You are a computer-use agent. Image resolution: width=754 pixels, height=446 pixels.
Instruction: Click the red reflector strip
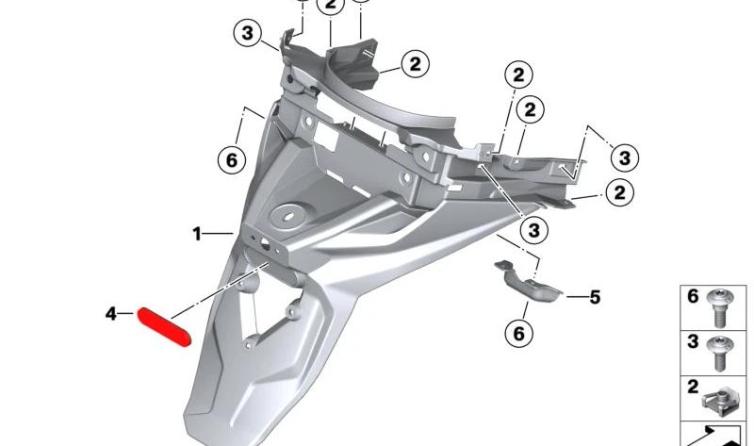[x=164, y=327]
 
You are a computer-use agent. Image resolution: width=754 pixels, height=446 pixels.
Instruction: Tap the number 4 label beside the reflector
[x=111, y=314]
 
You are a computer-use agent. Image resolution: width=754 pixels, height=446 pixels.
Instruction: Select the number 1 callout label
[x=197, y=234]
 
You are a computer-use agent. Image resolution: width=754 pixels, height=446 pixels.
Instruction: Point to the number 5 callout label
[x=595, y=297]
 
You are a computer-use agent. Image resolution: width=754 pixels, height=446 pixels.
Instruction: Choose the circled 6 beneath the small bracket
[x=519, y=333]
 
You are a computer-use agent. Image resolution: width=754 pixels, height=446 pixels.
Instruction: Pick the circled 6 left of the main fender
[x=232, y=159]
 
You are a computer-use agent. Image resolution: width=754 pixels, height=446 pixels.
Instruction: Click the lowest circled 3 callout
[x=534, y=230]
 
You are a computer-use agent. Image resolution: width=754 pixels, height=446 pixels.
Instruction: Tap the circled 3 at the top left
[x=247, y=33]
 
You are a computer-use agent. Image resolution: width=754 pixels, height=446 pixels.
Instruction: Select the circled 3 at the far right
[x=625, y=157]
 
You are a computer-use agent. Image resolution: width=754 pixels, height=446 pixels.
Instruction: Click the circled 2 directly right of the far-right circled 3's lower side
[x=620, y=192]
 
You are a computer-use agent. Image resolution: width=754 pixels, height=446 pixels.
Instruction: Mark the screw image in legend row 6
[x=719, y=308]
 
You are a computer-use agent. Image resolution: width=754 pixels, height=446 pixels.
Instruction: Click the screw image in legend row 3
[x=720, y=354]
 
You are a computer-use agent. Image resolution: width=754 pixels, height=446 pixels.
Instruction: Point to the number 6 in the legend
[x=693, y=296]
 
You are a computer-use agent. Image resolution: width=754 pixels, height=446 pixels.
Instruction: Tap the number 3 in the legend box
[x=693, y=341]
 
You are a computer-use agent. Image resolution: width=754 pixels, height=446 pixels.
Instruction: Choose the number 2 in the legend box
[x=693, y=387]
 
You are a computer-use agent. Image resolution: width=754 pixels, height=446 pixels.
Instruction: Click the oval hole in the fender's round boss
[x=288, y=216]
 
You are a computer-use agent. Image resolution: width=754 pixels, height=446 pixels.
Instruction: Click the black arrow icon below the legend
[x=715, y=438]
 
